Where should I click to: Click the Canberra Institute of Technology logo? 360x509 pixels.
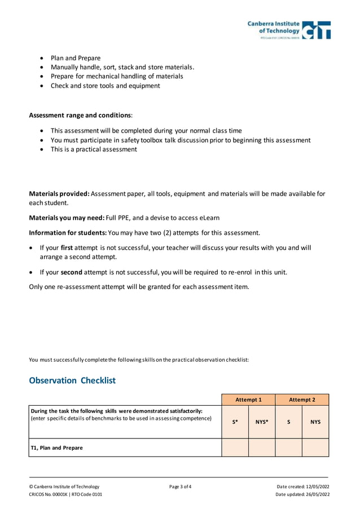coord(289,30)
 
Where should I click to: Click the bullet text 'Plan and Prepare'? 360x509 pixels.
coord(76,58)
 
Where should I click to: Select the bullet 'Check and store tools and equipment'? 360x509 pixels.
coord(105,86)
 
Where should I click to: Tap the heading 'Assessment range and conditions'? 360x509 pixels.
coord(80,115)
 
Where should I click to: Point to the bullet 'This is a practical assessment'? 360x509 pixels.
coord(94,150)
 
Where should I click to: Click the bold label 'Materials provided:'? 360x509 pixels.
coord(59,194)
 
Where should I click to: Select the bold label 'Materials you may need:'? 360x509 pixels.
coord(67,218)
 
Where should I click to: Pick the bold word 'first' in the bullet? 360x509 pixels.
coord(67,248)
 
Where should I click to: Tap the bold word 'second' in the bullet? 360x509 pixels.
coord(72,272)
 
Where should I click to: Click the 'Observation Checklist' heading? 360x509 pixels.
coord(72,380)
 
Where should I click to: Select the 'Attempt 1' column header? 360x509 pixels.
coord(248,400)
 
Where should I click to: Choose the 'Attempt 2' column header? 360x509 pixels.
coord(302,400)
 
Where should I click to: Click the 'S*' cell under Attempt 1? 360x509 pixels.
coord(235,422)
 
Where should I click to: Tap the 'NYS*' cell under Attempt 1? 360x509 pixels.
coord(262,422)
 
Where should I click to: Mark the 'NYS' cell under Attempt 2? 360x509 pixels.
coord(315,422)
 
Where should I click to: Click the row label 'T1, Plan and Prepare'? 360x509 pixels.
coord(56,447)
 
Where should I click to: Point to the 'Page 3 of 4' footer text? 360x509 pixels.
coord(180,486)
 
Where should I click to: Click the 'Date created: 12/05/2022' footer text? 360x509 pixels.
coord(303,486)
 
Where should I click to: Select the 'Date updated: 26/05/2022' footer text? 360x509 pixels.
coord(302,494)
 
